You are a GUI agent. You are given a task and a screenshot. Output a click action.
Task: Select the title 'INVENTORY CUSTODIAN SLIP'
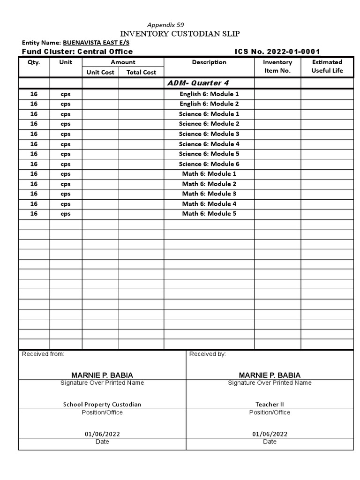point(180,34)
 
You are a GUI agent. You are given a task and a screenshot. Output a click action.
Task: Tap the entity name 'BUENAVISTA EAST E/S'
point(96,43)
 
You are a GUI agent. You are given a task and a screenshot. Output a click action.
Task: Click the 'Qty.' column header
point(34,62)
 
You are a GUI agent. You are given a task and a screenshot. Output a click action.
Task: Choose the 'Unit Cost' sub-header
point(100,72)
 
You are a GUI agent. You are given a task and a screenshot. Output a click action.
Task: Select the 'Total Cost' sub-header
point(141,72)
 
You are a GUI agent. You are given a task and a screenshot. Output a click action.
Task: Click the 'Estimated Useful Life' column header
point(327,67)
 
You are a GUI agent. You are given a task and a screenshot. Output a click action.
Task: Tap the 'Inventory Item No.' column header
point(277,67)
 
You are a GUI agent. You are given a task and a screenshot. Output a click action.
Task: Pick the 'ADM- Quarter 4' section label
point(198,83)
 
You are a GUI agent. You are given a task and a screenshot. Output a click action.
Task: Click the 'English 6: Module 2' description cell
point(209,104)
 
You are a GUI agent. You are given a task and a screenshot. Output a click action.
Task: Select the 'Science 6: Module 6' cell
point(209,164)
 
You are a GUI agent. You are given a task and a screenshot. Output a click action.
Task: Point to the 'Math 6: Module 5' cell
point(209,214)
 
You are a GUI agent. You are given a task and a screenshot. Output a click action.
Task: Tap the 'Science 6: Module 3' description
point(209,134)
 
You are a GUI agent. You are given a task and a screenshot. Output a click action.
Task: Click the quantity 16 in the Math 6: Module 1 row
point(34,174)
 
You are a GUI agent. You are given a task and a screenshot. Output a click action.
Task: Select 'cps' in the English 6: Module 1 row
point(66,94)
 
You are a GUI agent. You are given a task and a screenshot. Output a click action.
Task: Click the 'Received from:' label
point(43,354)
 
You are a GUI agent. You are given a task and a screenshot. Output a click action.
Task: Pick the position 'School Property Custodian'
point(102,405)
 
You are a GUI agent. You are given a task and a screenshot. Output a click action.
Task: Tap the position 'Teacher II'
point(270,405)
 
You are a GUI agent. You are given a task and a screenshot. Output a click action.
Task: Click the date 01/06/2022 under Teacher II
point(270,434)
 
